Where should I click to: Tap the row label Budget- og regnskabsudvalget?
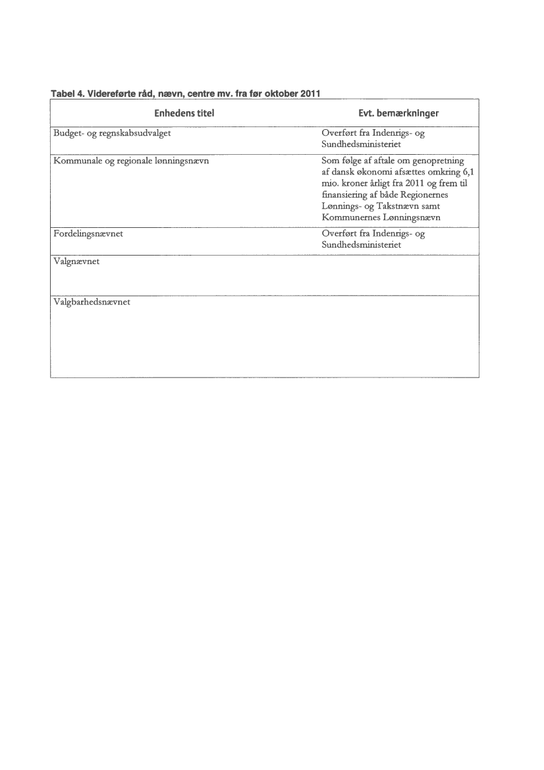click(112, 133)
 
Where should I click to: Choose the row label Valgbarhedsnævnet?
click(91, 302)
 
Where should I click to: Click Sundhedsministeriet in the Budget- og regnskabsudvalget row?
click(361, 144)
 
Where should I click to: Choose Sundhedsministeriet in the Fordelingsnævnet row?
click(361, 245)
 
